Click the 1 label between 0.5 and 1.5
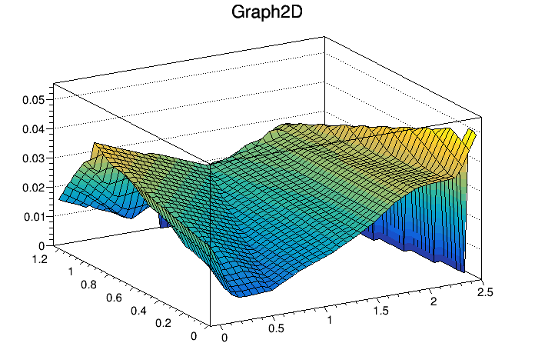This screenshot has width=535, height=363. (330, 320)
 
